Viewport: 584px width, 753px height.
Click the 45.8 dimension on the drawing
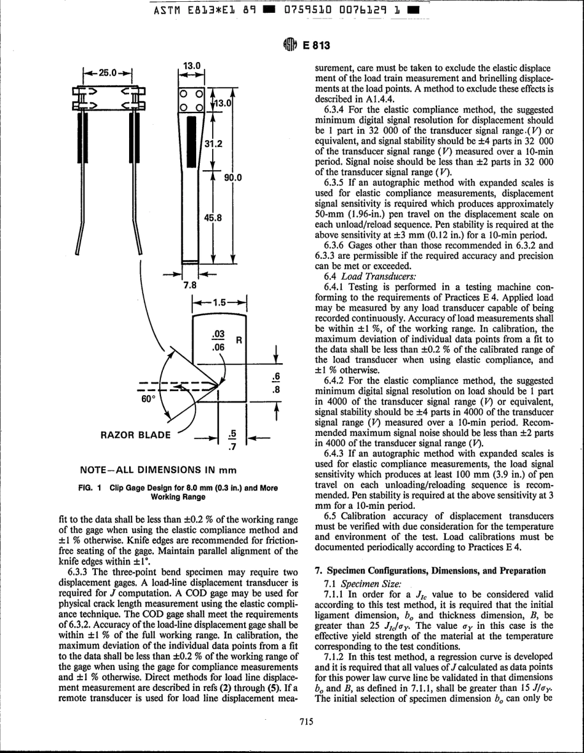(x=213, y=218)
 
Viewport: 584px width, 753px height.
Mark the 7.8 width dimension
(x=191, y=285)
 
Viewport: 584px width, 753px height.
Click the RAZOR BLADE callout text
(x=134, y=435)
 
